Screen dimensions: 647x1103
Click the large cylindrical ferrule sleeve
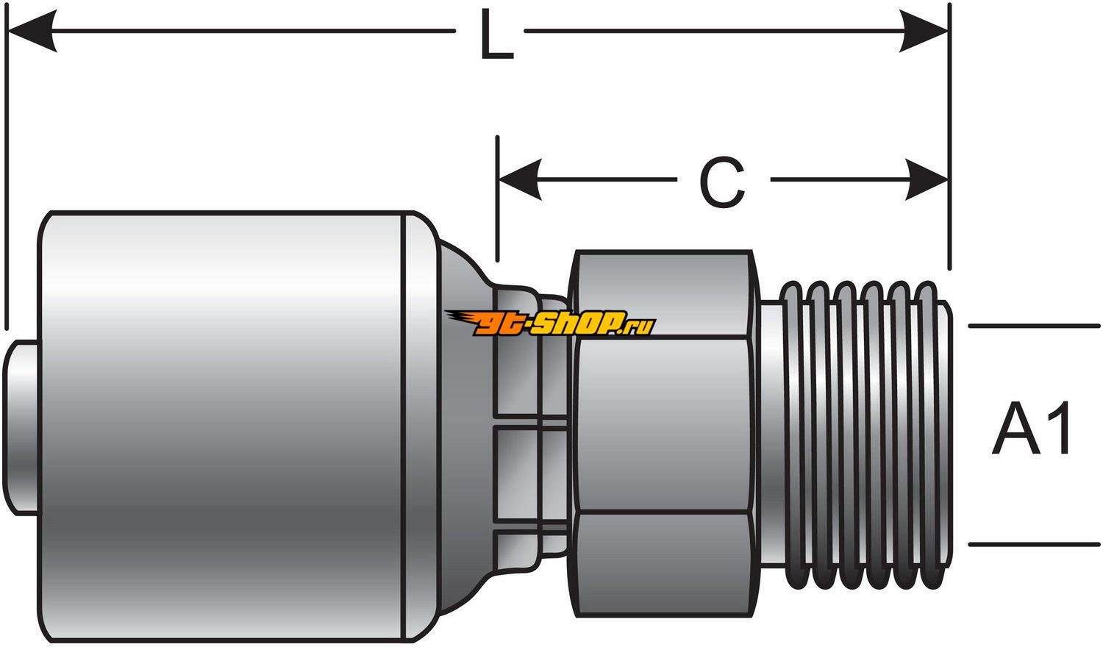click(221, 426)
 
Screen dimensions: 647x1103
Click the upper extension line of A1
click(1033, 325)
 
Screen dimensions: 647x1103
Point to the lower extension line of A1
click(1033, 545)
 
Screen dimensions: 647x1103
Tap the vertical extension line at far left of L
click(7, 184)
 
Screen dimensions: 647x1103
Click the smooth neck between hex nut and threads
click(769, 434)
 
